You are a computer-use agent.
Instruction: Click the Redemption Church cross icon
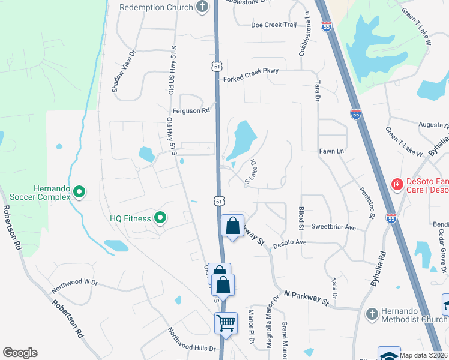coord(203,7)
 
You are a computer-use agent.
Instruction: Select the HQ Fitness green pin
coord(160,218)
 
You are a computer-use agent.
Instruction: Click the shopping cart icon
coord(226,323)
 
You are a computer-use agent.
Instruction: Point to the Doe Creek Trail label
coord(274,25)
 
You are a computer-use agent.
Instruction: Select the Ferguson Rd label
coord(191,110)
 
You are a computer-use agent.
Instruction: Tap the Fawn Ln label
coord(331,151)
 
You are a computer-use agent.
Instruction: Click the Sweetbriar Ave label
coord(334,227)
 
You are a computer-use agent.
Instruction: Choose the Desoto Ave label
coord(290,242)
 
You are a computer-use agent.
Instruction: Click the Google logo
coord(20,353)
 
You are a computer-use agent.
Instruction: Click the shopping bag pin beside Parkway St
coord(233,226)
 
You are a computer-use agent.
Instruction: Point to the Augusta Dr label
coord(434,125)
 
